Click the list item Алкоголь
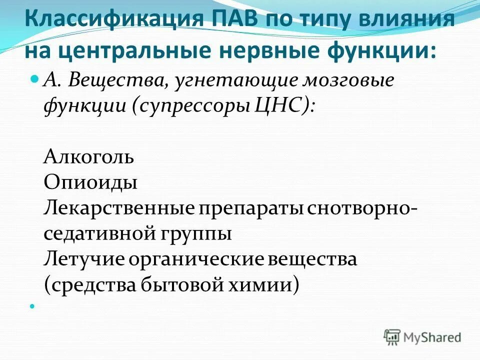click(x=89, y=157)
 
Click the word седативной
click(x=100, y=233)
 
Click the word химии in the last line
click(x=265, y=284)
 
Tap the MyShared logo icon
click(x=392, y=336)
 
